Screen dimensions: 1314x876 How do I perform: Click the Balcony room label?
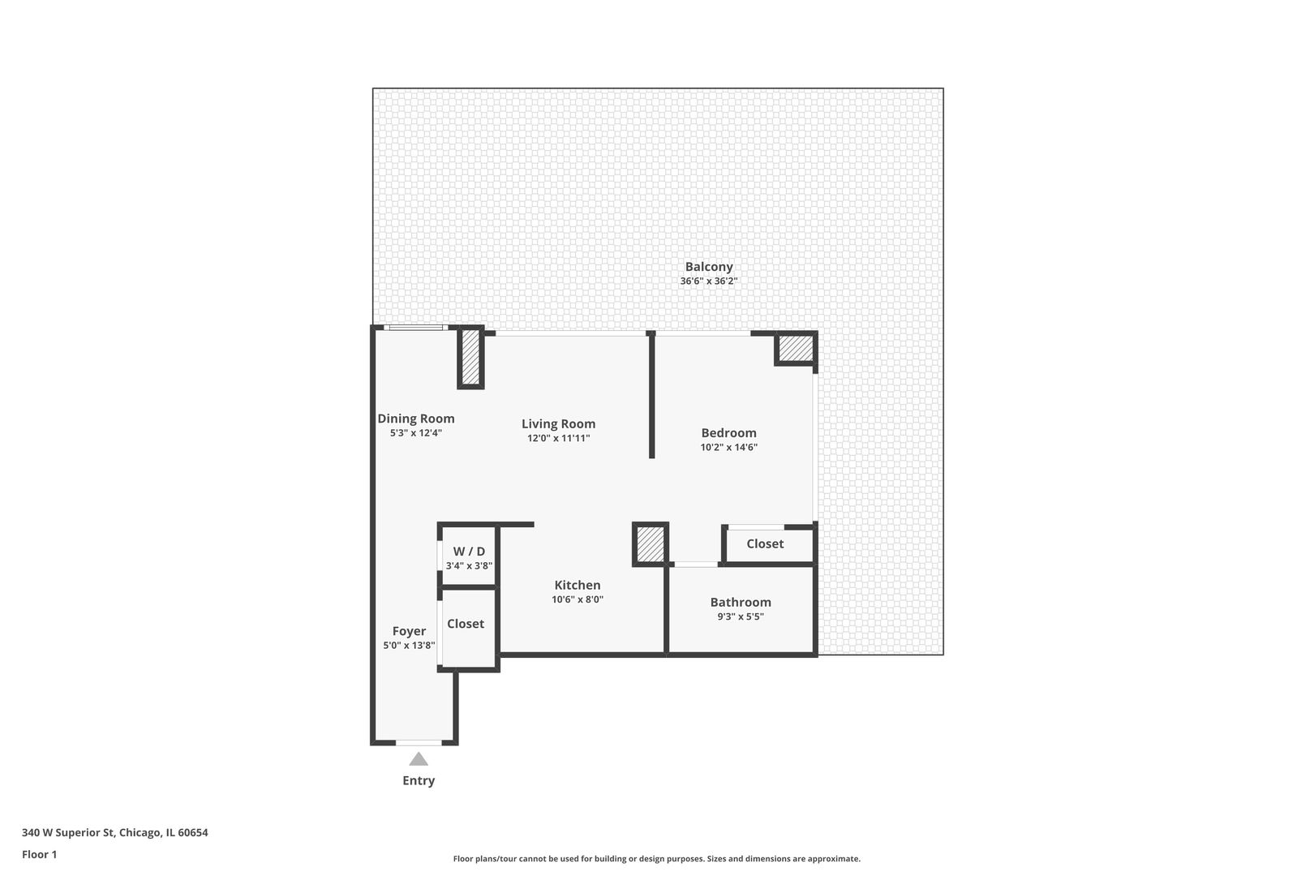point(709,267)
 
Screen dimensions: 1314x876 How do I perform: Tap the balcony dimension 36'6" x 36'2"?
point(709,281)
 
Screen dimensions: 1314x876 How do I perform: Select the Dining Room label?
point(416,419)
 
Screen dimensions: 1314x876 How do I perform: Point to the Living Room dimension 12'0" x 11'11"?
point(558,438)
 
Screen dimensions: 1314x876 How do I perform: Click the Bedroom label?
point(728,433)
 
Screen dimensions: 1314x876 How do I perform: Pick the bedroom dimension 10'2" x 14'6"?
point(728,447)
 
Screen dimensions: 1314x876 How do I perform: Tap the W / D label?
point(469,552)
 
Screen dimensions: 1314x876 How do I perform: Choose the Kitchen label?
point(578,585)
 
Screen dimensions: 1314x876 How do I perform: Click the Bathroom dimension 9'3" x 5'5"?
point(741,616)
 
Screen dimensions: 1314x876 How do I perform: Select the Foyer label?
point(409,631)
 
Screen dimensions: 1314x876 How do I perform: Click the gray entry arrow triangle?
point(419,759)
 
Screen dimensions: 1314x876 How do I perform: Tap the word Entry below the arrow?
point(419,780)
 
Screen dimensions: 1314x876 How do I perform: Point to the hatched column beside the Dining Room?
point(470,358)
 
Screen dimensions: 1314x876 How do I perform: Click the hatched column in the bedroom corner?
point(796,349)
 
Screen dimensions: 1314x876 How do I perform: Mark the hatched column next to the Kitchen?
point(651,544)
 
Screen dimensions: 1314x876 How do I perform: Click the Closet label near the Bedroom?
point(765,544)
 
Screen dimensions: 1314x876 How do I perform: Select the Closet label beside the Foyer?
point(466,624)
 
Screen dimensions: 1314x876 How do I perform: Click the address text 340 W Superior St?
point(68,832)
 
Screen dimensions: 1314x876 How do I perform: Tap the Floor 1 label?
point(39,854)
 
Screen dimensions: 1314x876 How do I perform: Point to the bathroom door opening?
point(695,565)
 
